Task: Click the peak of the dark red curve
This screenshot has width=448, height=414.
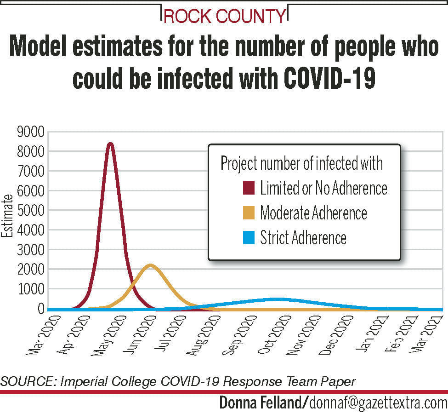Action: (110, 144)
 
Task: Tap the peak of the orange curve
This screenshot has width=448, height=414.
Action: (150, 265)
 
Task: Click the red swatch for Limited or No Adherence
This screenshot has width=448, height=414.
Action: (249, 188)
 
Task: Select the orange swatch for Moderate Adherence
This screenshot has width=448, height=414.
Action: (249, 213)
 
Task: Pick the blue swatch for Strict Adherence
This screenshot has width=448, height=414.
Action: (249, 238)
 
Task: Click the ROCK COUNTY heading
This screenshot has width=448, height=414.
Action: (225, 17)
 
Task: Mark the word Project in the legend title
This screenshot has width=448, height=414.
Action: (238, 164)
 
